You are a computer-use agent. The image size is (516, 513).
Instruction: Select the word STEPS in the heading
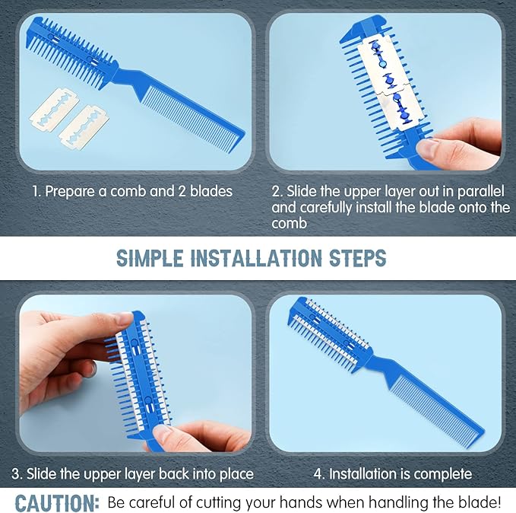coord(357,258)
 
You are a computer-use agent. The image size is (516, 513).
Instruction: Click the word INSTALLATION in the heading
coord(256,258)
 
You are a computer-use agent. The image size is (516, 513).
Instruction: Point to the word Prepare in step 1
coord(70,192)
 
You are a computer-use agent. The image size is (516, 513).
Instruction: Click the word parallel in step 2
coord(481,191)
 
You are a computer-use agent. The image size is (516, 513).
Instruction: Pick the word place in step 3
coord(236,474)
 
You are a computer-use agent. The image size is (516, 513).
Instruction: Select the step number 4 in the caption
coord(318,474)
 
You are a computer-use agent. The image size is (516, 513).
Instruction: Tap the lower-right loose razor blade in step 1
coord(84,128)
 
